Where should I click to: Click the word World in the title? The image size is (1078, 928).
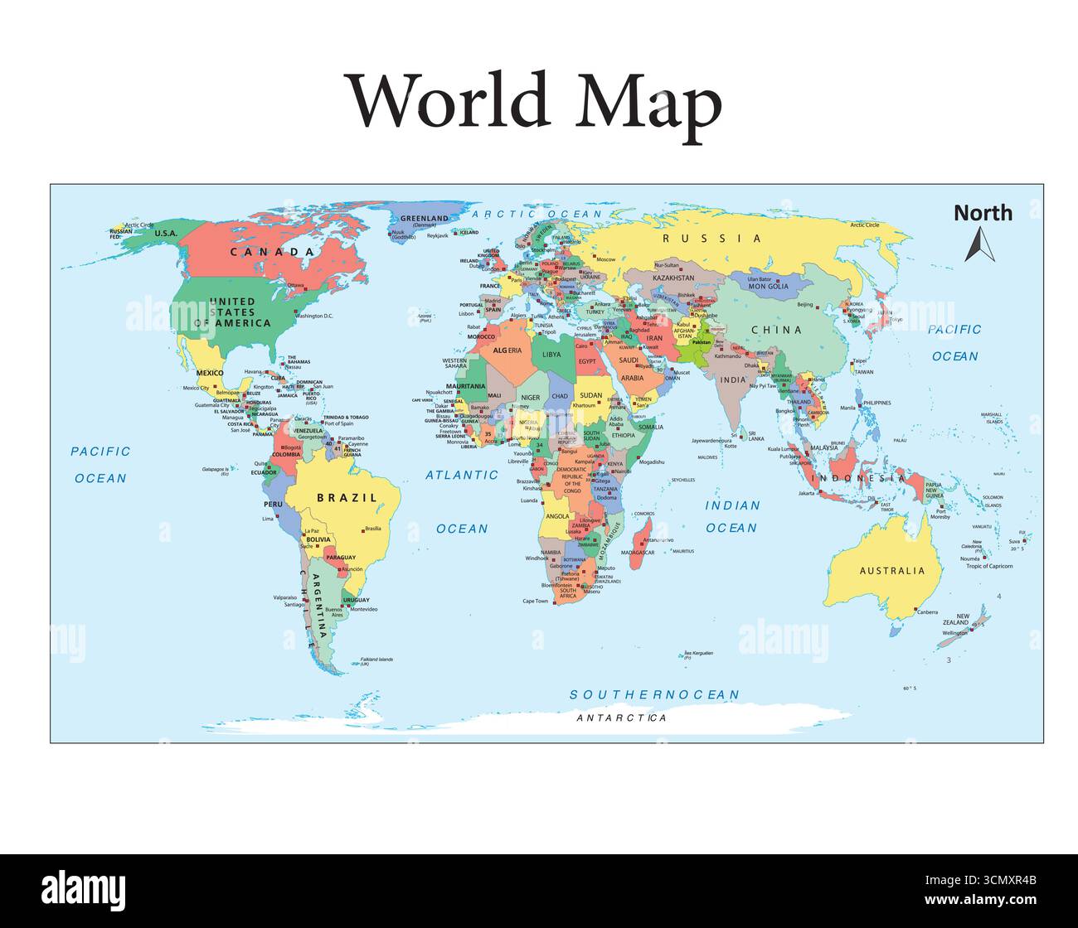pos(448,100)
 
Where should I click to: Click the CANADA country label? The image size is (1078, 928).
pos(272,251)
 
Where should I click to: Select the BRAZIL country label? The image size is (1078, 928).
pos(347,498)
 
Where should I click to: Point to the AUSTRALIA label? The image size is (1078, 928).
pos(891,571)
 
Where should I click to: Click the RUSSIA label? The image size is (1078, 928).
pos(711,239)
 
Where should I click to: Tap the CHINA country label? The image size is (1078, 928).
pos(776,330)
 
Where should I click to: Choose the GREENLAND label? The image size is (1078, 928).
pos(425,219)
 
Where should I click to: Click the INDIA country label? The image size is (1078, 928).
pos(732,379)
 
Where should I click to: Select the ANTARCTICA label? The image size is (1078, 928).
pos(621,718)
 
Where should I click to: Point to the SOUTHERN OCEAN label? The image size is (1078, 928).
pos(654,694)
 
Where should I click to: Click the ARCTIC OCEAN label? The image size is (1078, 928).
pos(537,214)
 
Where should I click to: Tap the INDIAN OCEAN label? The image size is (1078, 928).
pos(731,516)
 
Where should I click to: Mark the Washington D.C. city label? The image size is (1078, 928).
pos(313,317)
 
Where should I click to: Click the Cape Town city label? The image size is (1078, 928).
pos(535,601)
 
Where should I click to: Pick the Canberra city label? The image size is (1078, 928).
pos(927,612)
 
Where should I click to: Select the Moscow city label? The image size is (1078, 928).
pos(605,259)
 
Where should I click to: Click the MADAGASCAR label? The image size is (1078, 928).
pos(639,553)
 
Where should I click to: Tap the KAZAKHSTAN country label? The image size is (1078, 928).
pos(673,278)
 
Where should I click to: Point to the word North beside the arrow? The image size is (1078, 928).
pos(983,213)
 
